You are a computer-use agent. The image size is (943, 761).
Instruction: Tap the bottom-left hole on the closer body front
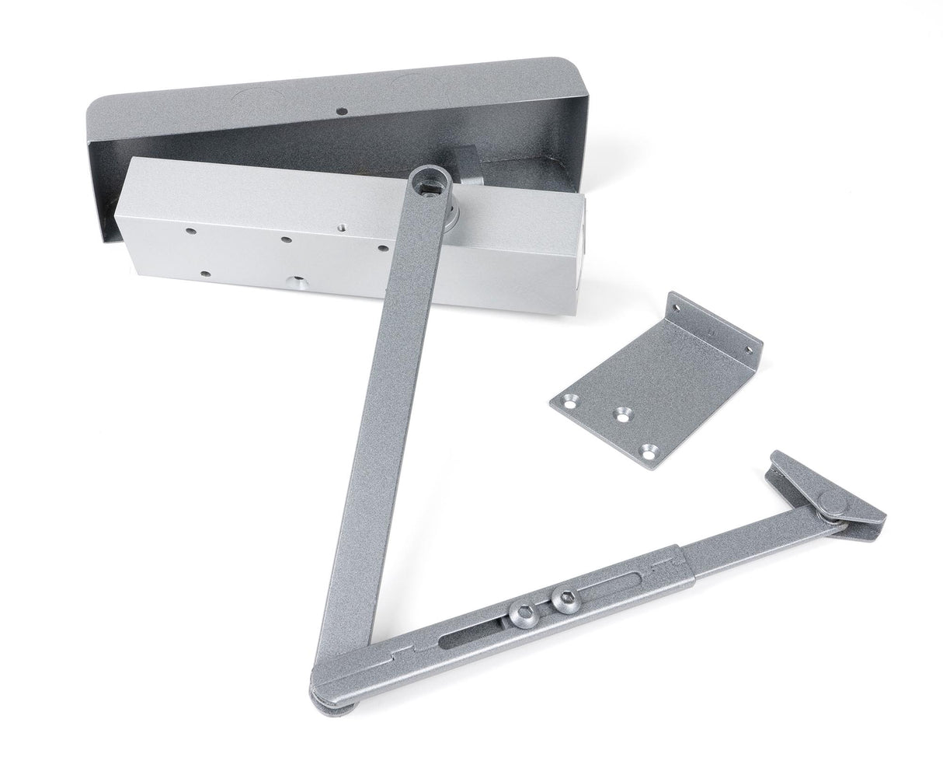(x=204, y=274)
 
